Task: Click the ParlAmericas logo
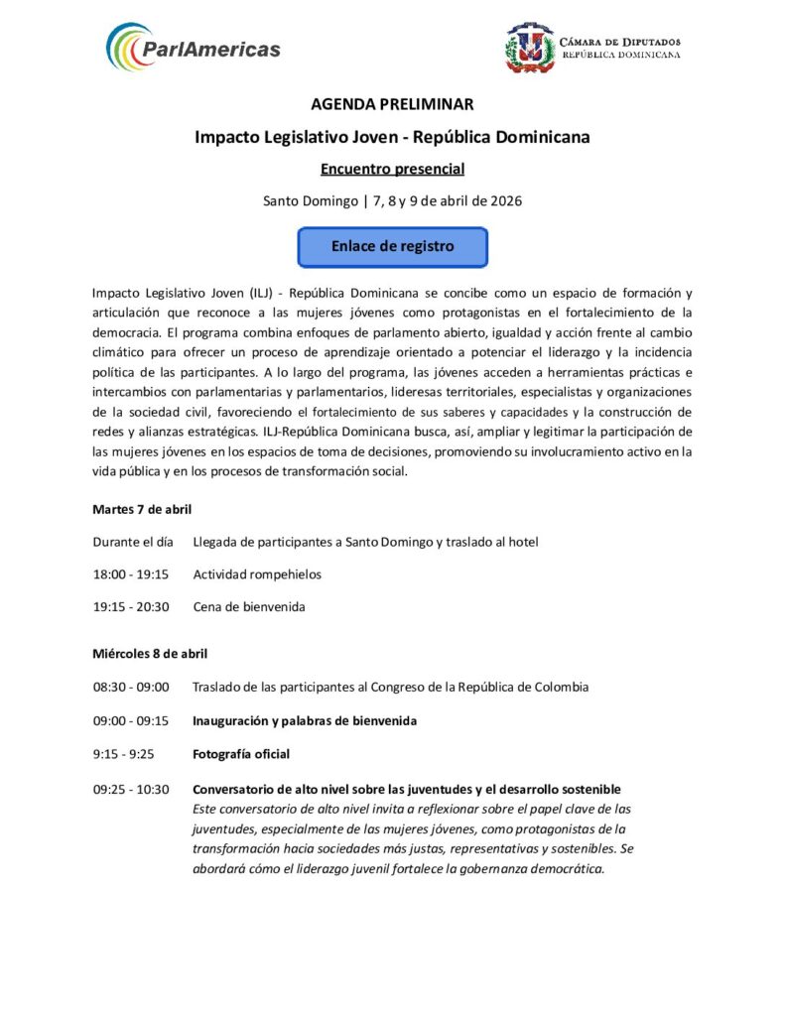point(194,47)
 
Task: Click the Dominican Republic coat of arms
point(529,48)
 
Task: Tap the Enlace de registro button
point(392,247)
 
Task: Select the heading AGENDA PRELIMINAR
point(392,104)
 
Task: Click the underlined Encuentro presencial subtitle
point(392,169)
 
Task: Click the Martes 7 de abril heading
point(142,509)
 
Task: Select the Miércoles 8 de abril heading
point(150,653)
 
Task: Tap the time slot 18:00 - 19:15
point(131,573)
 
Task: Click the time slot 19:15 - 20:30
point(131,606)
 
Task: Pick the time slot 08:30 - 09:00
point(131,687)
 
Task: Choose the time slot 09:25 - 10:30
point(131,790)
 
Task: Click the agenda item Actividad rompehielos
point(257,573)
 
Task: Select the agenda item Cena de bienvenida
point(249,606)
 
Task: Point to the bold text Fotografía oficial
point(241,754)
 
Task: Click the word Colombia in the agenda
point(560,687)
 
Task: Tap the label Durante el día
point(133,542)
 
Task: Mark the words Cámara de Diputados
point(620,42)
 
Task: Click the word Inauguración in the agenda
point(232,720)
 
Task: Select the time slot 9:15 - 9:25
point(124,754)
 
